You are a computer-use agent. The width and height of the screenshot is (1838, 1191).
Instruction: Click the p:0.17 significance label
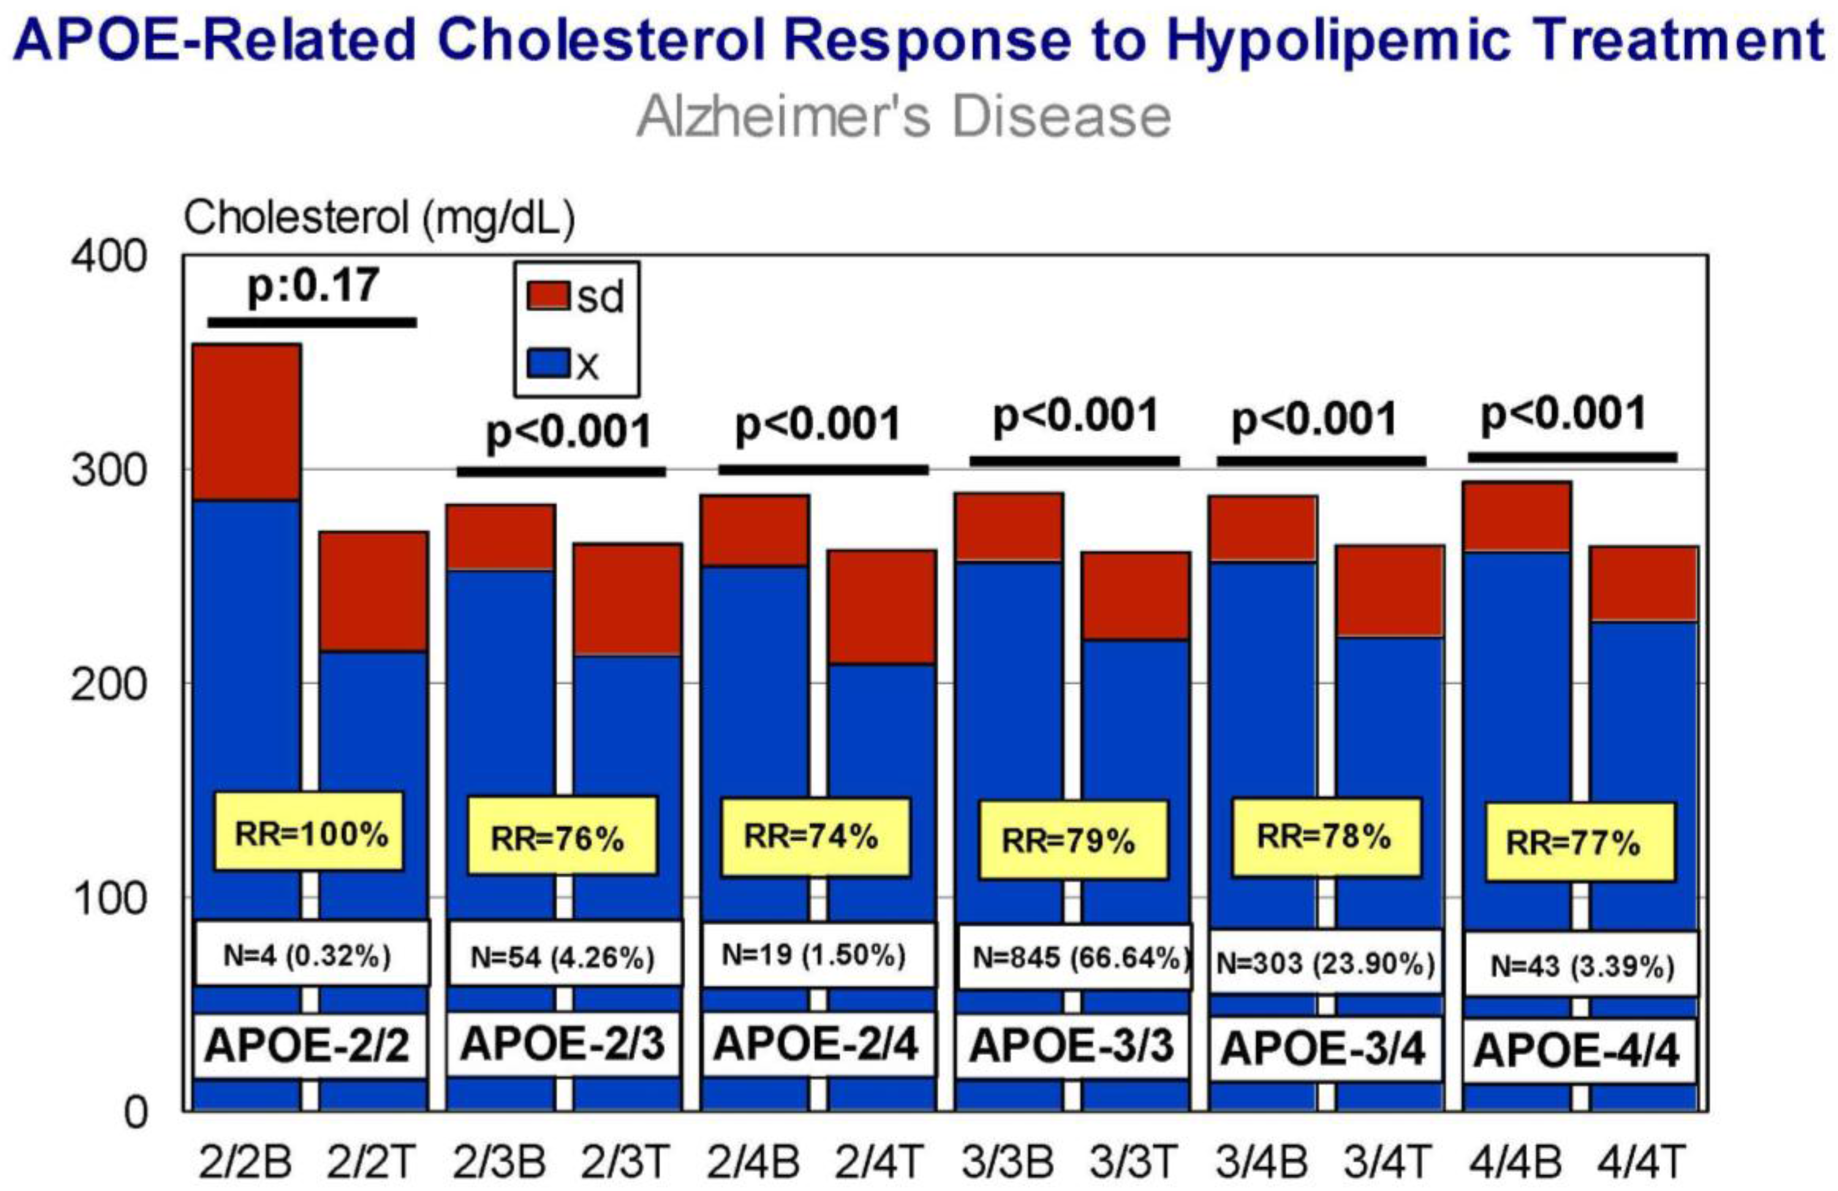click(x=313, y=286)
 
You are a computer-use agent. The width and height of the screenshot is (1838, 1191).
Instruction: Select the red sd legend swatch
click(x=549, y=295)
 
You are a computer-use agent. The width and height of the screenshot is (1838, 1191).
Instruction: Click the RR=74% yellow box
click(x=814, y=837)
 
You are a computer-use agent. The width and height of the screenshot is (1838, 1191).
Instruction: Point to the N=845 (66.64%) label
click(x=1074, y=958)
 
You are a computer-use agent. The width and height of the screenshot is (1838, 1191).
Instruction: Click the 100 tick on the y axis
click(x=108, y=898)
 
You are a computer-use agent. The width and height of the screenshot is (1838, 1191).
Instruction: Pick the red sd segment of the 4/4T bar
click(x=1644, y=583)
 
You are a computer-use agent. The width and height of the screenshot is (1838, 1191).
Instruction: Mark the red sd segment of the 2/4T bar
click(x=883, y=607)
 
